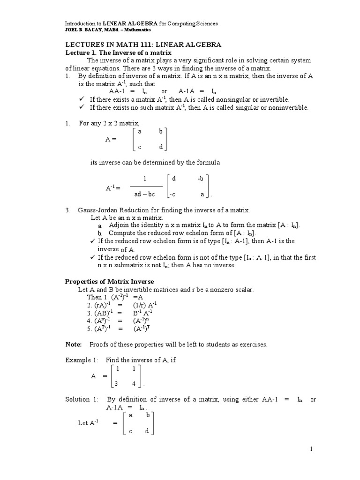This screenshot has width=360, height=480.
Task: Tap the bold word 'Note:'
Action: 74,345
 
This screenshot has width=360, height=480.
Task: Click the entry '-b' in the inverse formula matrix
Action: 201,179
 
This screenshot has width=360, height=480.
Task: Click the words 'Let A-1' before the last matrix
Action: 88,423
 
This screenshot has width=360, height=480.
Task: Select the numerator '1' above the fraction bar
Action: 145,179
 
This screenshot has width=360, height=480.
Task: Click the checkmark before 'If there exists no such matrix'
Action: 82,107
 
